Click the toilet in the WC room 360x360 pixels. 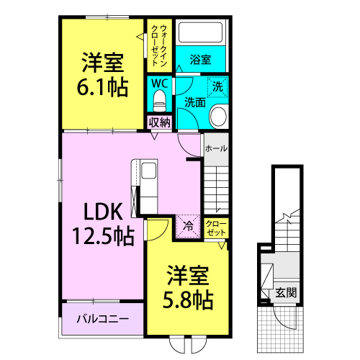160,101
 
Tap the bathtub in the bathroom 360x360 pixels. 201,32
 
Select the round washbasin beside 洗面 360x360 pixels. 218,117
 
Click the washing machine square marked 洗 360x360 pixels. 217,87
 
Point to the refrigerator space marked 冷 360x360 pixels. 188,226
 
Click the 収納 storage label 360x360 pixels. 160,122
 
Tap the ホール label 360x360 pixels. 216,148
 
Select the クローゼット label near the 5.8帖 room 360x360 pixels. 216,228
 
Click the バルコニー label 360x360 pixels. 103,319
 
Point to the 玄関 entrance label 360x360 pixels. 286,293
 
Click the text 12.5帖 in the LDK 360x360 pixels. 103,236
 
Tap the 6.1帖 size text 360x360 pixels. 102,87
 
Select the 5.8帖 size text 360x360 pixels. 188,300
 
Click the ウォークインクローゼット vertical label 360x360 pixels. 159,45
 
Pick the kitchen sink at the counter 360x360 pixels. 149,171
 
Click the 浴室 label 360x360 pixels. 200,60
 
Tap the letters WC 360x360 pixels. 160,84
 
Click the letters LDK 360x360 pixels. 103,212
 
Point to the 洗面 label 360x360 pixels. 195,102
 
